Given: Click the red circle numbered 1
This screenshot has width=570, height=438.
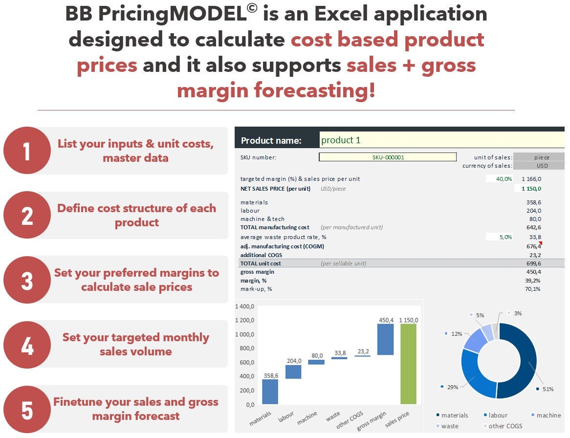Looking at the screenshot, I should pyautogui.click(x=27, y=151).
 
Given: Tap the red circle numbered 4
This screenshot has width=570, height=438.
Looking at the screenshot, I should pyautogui.click(x=27, y=345).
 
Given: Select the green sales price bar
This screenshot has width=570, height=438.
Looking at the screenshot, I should pyautogui.click(x=409, y=364).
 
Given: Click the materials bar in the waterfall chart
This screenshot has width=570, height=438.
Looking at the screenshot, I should pyautogui.click(x=270, y=392).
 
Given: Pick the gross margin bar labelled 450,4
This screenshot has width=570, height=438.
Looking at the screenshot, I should pyautogui.click(x=386, y=339).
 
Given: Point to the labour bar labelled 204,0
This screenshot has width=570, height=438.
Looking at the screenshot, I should pyautogui.click(x=293, y=372).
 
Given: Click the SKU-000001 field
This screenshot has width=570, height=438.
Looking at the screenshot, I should pyautogui.click(x=388, y=157).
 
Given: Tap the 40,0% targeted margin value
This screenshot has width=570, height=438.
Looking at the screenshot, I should pyautogui.click(x=504, y=179).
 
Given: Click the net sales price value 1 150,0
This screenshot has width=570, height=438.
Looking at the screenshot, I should pyautogui.click(x=531, y=189).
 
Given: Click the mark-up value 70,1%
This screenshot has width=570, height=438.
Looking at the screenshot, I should pyautogui.click(x=532, y=289).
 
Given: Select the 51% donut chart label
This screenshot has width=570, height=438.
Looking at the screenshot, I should pyautogui.click(x=548, y=389).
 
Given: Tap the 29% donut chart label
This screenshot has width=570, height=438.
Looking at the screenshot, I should pyautogui.click(x=453, y=387).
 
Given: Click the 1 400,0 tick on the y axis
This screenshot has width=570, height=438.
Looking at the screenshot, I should pyautogui.click(x=245, y=307).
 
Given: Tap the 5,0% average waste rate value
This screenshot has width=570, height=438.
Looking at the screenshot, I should pyautogui.click(x=504, y=237).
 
